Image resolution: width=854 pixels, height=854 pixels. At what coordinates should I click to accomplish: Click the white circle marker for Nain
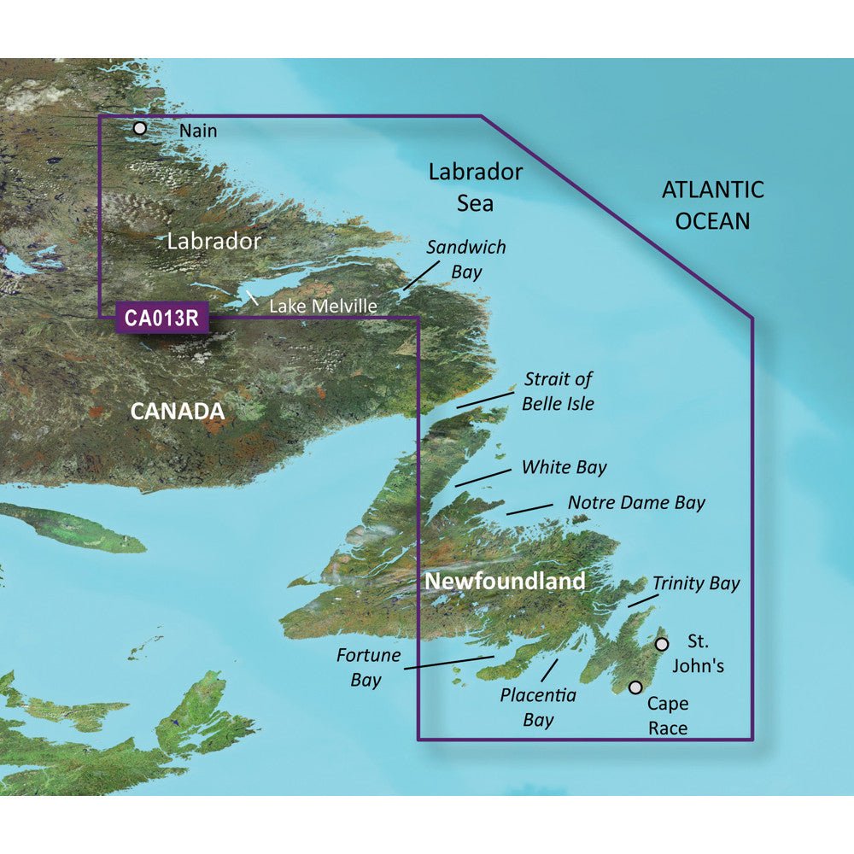click(x=140, y=128)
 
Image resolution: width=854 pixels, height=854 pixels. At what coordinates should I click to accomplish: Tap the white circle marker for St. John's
click(x=661, y=644)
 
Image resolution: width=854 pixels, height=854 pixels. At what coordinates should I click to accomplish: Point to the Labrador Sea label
click(x=475, y=187)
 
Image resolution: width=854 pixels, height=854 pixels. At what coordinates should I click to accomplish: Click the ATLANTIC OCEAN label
click(x=713, y=205)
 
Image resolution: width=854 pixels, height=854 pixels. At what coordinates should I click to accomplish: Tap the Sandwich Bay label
click(x=466, y=260)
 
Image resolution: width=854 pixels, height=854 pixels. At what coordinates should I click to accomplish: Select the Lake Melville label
click(x=323, y=305)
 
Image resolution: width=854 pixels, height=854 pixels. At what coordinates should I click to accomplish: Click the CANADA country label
click(x=177, y=412)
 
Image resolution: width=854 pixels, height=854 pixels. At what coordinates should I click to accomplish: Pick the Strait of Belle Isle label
click(x=559, y=390)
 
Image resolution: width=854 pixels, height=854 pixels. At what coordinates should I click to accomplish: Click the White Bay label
click(x=564, y=467)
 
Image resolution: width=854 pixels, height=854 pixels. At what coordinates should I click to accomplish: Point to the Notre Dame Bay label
click(x=636, y=502)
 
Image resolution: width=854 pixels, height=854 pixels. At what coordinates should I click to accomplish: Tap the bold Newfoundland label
click(x=505, y=582)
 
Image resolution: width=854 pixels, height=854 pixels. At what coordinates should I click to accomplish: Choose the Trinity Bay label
click(x=696, y=583)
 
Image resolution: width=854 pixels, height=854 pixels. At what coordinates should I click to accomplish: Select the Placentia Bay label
click(x=538, y=707)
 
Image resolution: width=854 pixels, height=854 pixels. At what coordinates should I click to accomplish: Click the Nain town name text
click(x=198, y=131)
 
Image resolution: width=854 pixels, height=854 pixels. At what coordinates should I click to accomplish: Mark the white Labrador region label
click(x=213, y=241)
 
